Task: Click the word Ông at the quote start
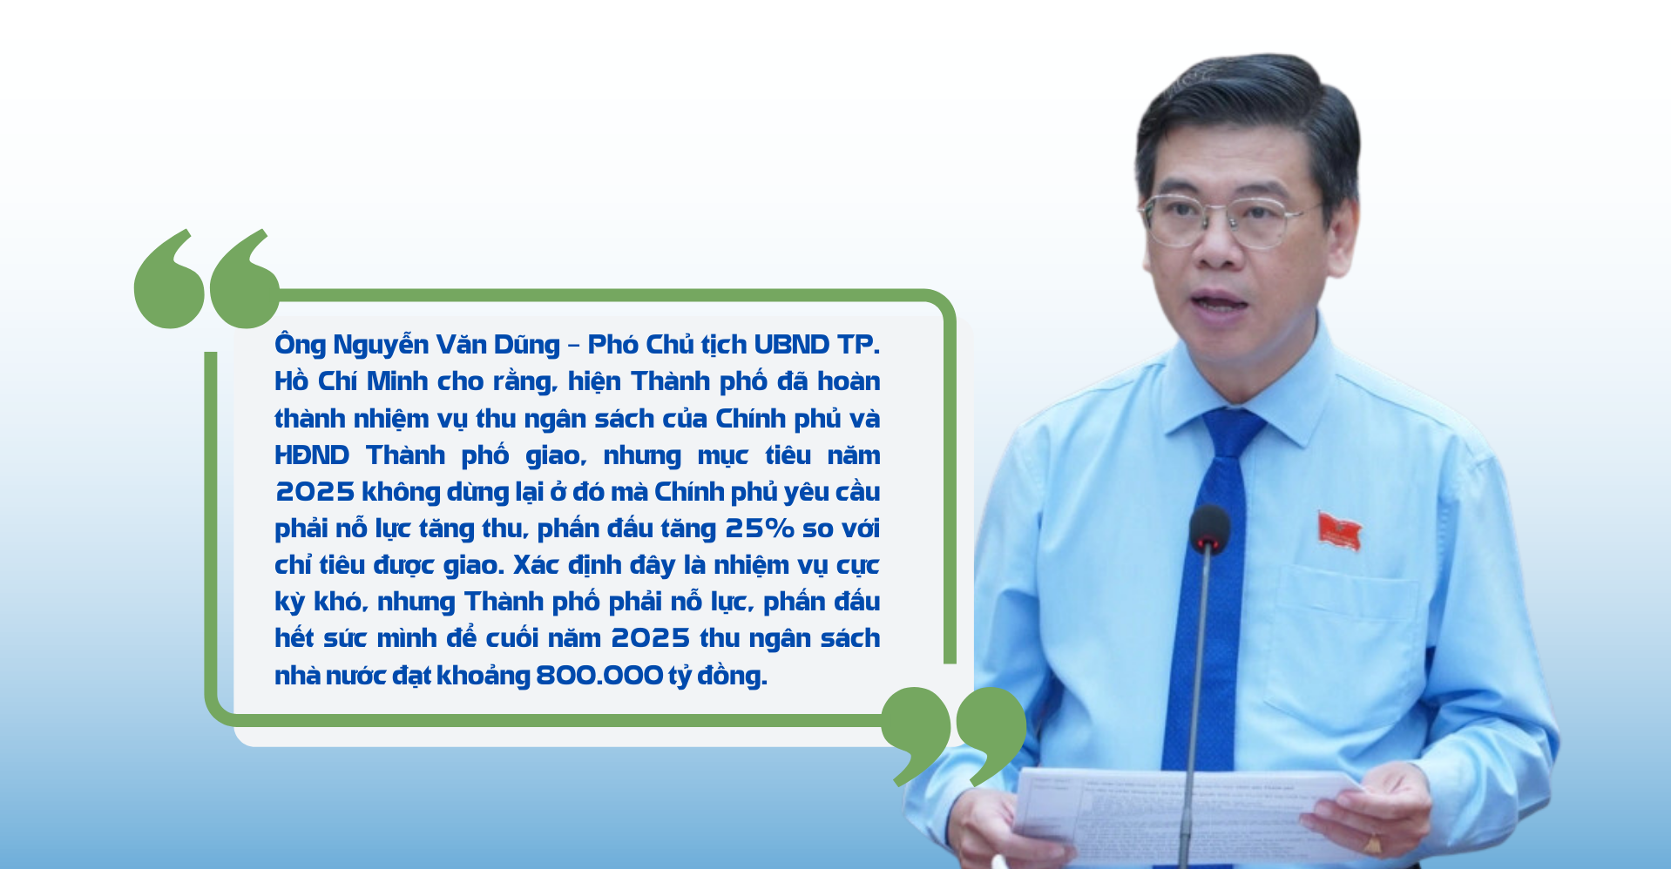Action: (300, 345)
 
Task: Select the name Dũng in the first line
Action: (527, 345)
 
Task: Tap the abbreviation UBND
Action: (791, 345)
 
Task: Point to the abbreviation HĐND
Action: (312, 455)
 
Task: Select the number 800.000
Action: (599, 675)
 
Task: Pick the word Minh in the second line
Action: (397, 381)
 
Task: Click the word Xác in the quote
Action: (534, 565)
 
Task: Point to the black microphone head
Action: (1209, 528)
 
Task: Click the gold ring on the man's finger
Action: (1373, 843)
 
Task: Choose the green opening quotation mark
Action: (207, 279)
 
